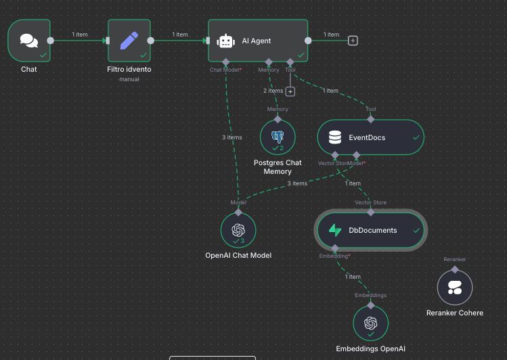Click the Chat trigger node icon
pyautogui.click(x=29, y=41)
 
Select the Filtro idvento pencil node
pyautogui.click(x=129, y=41)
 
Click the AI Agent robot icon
pyautogui.click(x=225, y=41)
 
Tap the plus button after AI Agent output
pyautogui.click(x=353, y=41)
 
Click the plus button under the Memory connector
pyautogui.click(x=290, y=91)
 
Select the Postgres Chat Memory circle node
pyautogui.click(x=278, y=137)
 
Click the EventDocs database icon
pyautogui.click(x=334, y=137)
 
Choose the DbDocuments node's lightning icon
pyautogui.click(x=334, y=230)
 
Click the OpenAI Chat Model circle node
pyautogui.click(x=238, y=230)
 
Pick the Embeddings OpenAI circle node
pyautogui.click(x=370, y=323)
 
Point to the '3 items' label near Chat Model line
pyautogui.click(x=232, y=137)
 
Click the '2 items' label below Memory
pyautogui.click(x=273, y=91)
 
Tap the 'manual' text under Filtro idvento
pyautogui.click(x=129, y=79)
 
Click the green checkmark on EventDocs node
pyautogui.click(x=416, y=137)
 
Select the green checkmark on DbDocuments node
pyautogui.click(x=416, y=230)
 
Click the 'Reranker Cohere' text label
pyautogui.click(x=454, y=313)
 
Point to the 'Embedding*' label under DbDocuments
pyautogui.click(x=334, y=256)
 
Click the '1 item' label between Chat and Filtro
pyautogui.click(x=79, y=35)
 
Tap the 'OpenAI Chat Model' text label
pyautogui.click(x=238, y=256)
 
